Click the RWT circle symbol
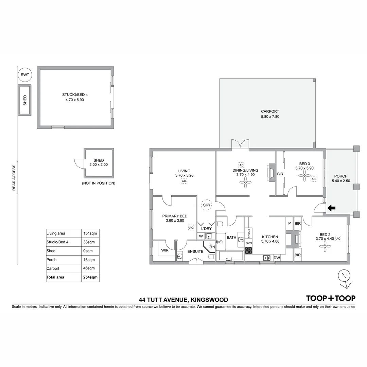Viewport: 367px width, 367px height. click(x=24, y=75)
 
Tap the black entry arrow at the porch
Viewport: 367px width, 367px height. click(x=331, y=208)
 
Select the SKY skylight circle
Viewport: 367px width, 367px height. click(x=207, y=205)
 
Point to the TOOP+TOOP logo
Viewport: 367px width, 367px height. click(x=331, y=298)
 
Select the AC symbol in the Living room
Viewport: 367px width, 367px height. click(x=184, y=181)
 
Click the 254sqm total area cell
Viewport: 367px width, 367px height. click(x=90, y=277)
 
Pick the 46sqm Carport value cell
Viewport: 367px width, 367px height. click(x=90, y=268)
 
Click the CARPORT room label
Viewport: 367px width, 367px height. click(x=270, y=111)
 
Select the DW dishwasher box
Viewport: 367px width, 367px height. click(x=277, y=258)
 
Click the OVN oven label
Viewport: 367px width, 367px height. click(x=249, y=243)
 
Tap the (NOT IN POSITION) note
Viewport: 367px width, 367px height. click(x=99, y=183)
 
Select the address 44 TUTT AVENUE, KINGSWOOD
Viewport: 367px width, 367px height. click(x=183, y=300)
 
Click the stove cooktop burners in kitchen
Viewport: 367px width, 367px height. click(x=249, y=250)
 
